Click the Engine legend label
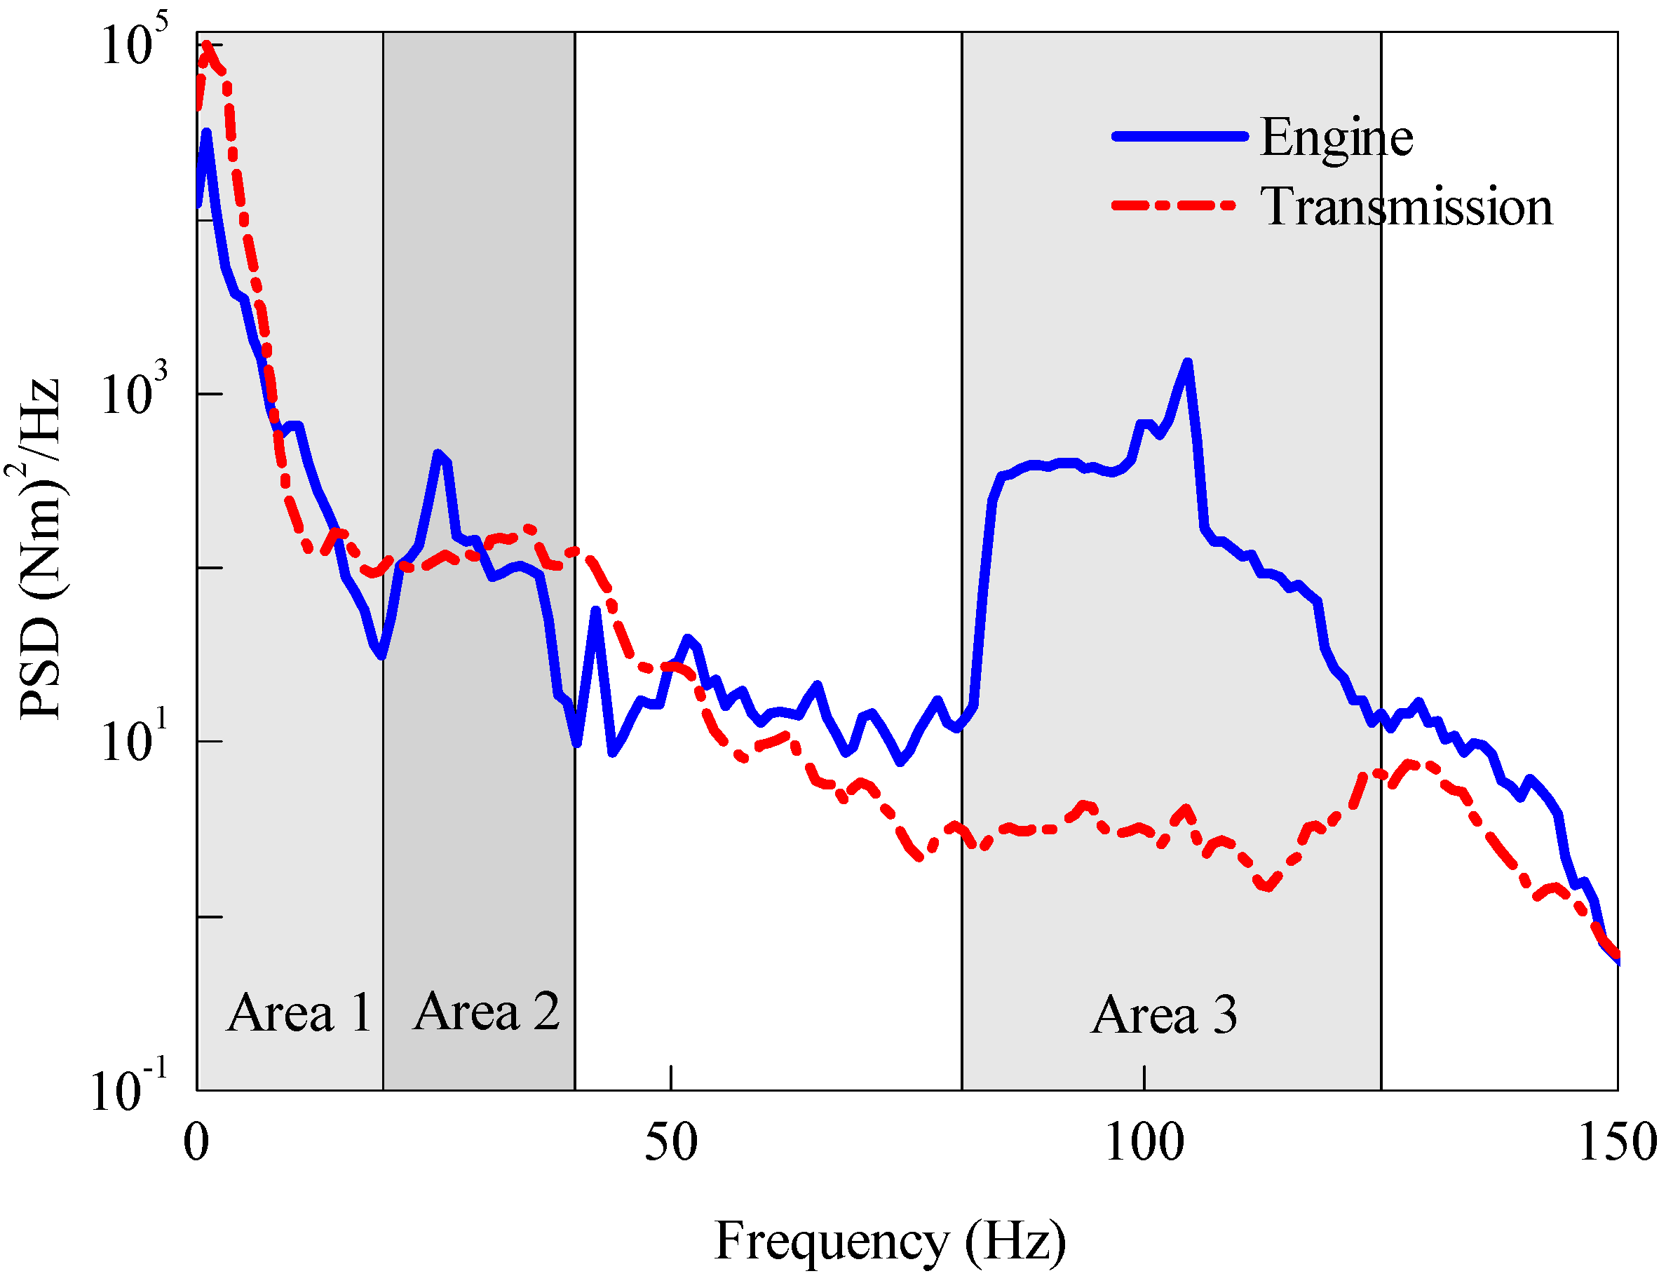click(x=1336, y=138)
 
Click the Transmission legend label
click(x=1407, y=207)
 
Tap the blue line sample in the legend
click(x=1179, y=137)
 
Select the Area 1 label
click(x=299, y=1014)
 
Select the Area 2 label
click(x=487, y=1012)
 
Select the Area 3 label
click(x=1164, y=1015)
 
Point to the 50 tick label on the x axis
click(x=670, y=1142)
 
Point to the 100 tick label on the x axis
click(x=1144, y=1142)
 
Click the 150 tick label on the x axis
click(x=1617, y=1142)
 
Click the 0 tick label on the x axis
click(x=196, y=1142)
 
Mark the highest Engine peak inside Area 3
click(x=1187, y=362)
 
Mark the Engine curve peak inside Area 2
click(x=438, y=454)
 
